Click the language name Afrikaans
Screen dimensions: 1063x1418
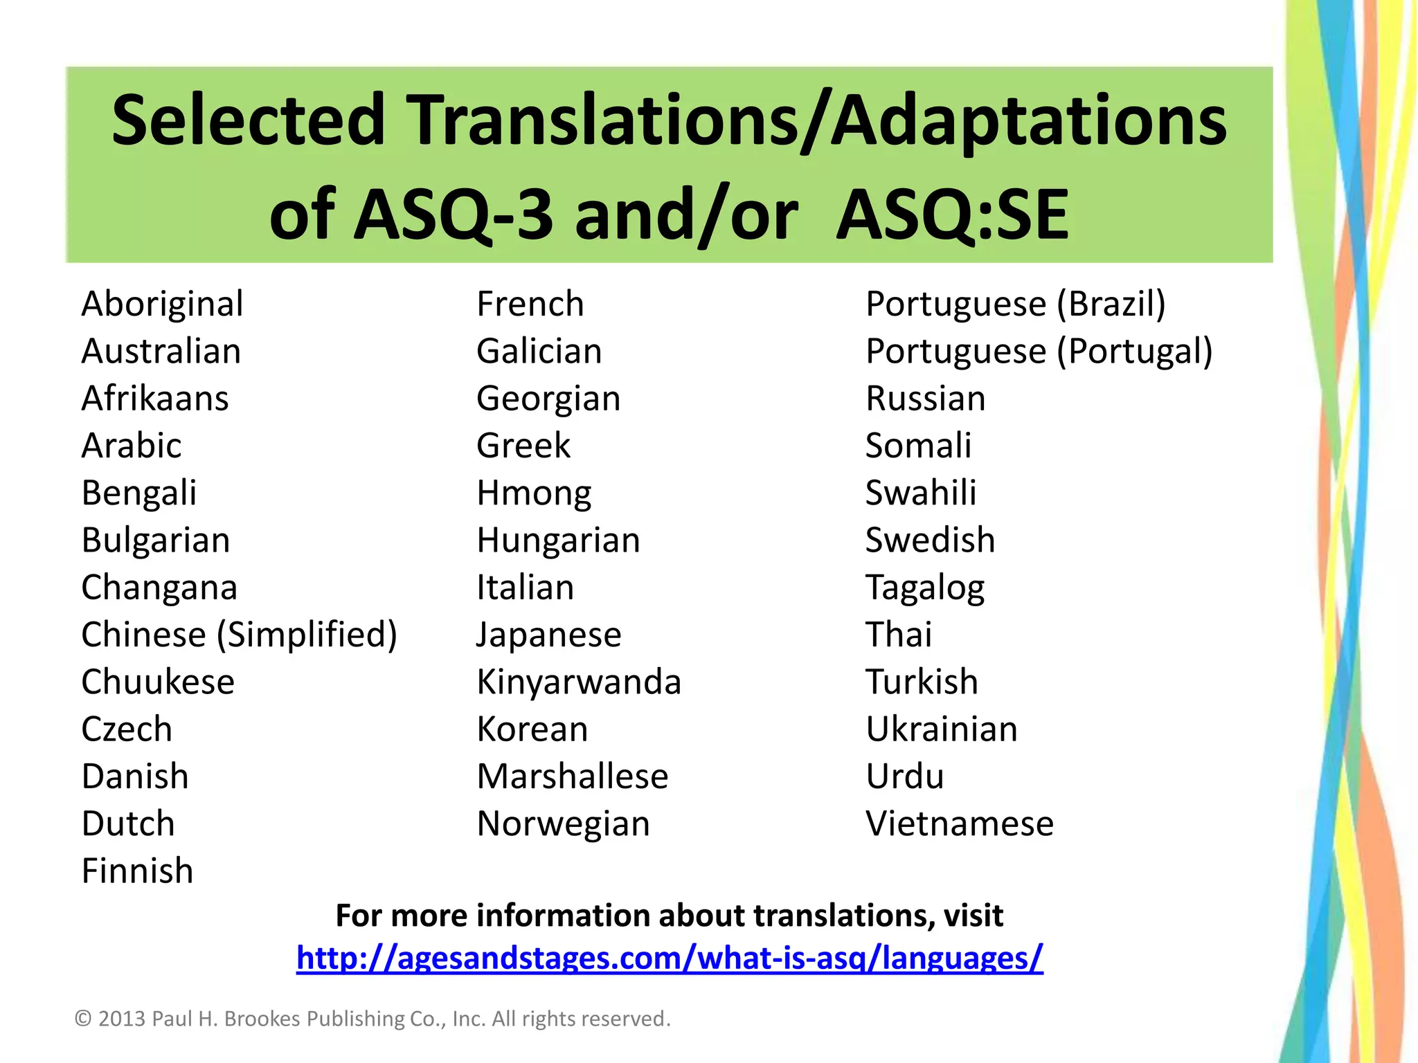pos(155,399)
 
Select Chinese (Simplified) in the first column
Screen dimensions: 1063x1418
pos(239,635)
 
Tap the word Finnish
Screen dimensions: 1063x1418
pos(137,871)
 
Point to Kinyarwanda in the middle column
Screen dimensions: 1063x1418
pos(579,682)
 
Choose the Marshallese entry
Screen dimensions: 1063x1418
pos(573,776)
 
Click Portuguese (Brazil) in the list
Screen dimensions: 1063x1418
pos(1016,305)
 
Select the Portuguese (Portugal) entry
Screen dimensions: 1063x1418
pos(1039,352)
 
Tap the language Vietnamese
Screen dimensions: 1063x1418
pos(960,824)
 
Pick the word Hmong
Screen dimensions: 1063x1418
pos(534,494)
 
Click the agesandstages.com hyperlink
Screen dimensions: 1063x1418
pos(670,958)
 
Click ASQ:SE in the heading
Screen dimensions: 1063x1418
pos(953,216)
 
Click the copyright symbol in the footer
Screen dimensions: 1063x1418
pos(83,1019)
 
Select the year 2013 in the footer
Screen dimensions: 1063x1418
pos(122,1019)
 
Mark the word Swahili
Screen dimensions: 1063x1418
pos(921,493)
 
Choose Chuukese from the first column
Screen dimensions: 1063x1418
pos(158,682)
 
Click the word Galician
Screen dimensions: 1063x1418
pos(539,352)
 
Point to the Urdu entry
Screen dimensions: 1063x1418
pos(905,776)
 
